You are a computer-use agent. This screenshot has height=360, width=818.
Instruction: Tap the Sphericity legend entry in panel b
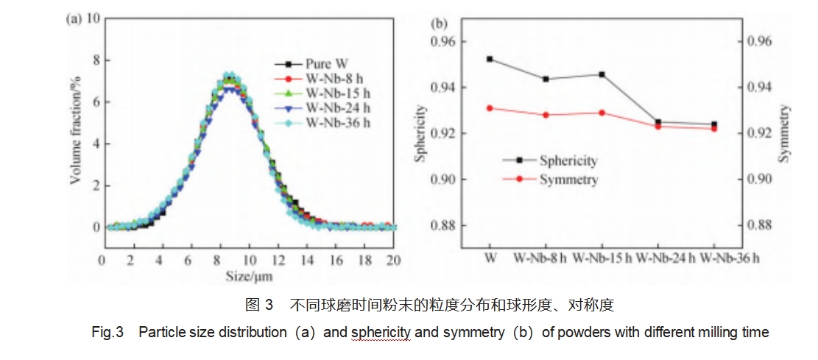(x=567, y=160)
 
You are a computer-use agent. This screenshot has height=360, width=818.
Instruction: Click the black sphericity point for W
(x=490, y=59)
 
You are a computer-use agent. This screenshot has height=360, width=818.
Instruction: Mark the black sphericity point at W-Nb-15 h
(x=602, y=74)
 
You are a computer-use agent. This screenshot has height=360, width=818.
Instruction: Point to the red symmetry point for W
(x=490, y=108)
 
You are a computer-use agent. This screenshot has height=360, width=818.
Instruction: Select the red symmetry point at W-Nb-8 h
(x=546, y=115)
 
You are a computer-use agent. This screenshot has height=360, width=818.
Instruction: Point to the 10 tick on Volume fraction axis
(x=94, y=17)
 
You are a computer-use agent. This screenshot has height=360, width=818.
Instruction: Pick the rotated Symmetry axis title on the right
(x=783, y=133)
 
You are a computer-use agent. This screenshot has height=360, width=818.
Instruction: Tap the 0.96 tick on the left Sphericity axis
(x=442, y=42)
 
